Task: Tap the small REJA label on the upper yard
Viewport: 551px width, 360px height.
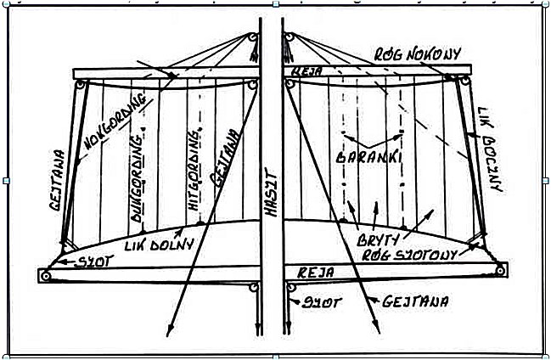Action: [303, 73]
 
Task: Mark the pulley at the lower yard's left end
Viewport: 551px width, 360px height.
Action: [46, 275]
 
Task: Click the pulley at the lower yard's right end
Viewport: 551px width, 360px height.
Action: [501, 272]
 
